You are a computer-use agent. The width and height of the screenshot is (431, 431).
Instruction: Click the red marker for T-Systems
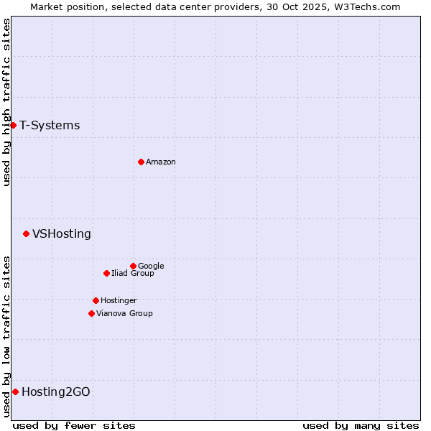tap(13, 126)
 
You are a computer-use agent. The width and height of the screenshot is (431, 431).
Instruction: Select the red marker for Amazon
tap(141, 162)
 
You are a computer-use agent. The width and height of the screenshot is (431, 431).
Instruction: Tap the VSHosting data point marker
tap(26, 233)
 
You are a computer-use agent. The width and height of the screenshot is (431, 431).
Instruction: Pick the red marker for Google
tap(133, 266)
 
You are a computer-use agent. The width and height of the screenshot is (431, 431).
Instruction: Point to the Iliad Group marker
tap(106, 273)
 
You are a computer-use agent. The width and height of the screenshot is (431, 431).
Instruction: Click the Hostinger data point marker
tap(96, 300)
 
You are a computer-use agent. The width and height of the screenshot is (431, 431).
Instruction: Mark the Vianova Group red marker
tap(91, 313)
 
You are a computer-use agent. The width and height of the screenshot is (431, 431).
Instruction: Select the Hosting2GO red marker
tap(15, 391)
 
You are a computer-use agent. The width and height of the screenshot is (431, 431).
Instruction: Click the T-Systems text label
tap(50, 126)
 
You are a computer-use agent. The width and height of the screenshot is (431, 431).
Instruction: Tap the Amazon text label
tap(161, 162)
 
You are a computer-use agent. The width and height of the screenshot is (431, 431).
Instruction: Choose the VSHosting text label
tap(62, 234)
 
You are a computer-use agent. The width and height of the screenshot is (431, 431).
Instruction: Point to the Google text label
tap(151, 267)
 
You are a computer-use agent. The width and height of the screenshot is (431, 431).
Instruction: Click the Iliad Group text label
tap(133, 274)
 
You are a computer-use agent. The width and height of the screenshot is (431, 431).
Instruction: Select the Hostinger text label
tap(119, 301)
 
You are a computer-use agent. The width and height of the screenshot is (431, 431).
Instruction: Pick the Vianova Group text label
tap(124, 314)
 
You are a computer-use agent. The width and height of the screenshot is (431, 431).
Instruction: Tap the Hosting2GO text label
tap(56, 392)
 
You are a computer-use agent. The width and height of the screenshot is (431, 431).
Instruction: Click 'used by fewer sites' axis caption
tap(74, 426)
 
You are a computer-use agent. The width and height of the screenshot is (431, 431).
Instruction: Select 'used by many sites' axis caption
tap(361, 426)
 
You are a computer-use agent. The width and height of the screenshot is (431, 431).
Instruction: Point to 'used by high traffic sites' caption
tap(6, 102)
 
